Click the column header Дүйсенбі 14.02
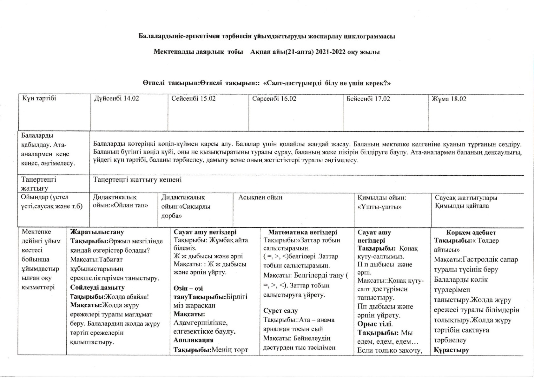click(116, 98)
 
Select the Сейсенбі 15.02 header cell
click(193, 98)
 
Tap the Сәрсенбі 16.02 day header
click(274, 99)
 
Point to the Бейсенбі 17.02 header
click(368, 99)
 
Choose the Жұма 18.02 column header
click(449, 99)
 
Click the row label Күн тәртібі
click(39, 98)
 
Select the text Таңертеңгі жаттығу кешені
click(137, 180)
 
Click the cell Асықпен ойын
click(260, 197)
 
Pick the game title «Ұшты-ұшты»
click(379, 207)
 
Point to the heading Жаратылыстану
click(97, 232)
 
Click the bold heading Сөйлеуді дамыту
click(97, 287)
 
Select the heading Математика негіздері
click(303, 232)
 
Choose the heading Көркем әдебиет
click(471, 233)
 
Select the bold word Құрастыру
click(451, 350)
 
